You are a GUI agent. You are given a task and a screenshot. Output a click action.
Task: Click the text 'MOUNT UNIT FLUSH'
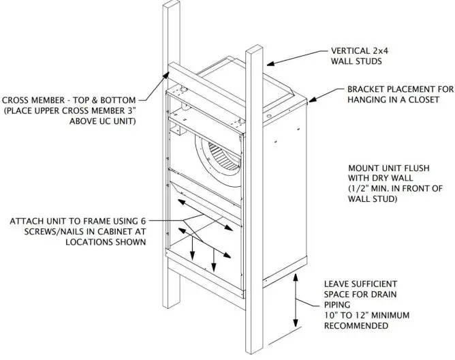[x=388, y=166]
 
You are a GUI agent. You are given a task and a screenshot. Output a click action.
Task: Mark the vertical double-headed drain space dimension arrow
[x=295, y=303]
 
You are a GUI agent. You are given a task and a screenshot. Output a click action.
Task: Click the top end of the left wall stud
[x=171, y=8]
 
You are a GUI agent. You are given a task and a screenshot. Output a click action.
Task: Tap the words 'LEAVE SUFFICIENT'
[x=360, y=283]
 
